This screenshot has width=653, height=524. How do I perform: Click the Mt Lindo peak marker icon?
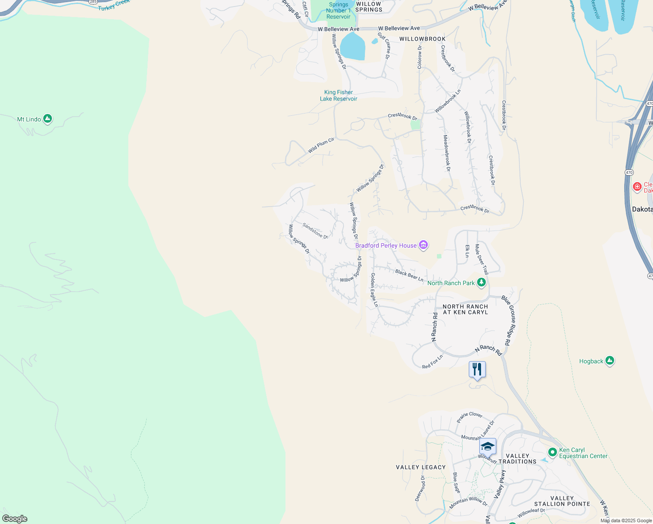[x=48, y=119]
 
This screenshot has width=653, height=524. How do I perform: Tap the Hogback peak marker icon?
[x=610, y=361]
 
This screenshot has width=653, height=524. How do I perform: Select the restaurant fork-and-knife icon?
[x=477, y=369]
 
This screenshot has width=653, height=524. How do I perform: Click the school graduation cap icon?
[x=488, y=446]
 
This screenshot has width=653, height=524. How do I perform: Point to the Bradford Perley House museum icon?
[x=423, y=245]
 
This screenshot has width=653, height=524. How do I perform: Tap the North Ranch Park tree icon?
[x=481, y=283]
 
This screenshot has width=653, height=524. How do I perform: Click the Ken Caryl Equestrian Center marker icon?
[x=552, y=452]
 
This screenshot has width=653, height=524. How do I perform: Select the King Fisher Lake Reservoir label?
[x=339, y=96]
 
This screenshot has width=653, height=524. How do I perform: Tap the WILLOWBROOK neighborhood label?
[x=423, y=39]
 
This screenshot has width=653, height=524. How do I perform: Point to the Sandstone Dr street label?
[x=315, y=231]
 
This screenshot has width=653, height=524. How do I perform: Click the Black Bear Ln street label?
[x=409, y=276]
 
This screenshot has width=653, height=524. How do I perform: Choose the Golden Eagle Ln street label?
[x=374, y=290]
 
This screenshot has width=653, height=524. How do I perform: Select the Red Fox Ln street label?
[x=433, y=362]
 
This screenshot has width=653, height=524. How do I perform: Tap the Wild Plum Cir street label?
[x=321, y=145]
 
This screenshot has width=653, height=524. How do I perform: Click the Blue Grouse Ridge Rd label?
[x=509, y=321]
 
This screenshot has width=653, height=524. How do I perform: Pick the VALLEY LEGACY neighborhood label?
[x=421, y=467]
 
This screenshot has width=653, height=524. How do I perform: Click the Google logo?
[x=15, y=519]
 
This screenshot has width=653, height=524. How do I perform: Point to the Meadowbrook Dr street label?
[x=447, y=153]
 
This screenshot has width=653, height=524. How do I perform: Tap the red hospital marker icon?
[x=637, y=187]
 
